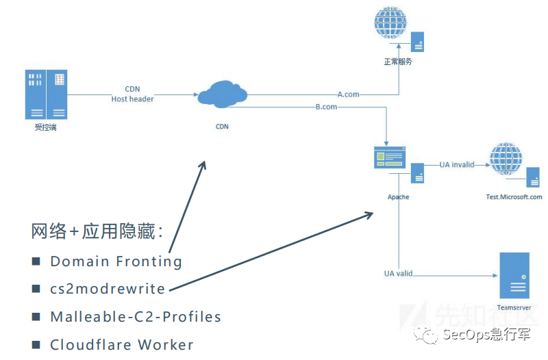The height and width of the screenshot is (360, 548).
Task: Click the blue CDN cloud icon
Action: (221, 94)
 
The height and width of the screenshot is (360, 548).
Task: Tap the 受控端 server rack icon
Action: (46, 94)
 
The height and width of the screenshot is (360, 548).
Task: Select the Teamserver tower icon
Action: (514, 275)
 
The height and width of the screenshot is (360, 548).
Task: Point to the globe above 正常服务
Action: (390, 25)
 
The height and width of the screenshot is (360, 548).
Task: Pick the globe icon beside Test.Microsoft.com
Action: (506, 159)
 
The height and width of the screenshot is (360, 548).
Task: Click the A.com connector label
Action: (348, 94)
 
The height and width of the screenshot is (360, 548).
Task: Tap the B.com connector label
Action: (326, 107)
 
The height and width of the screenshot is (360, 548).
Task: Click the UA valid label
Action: (398, 274)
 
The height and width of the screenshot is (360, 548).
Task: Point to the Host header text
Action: (132, 99)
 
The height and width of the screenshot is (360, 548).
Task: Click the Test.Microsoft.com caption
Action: (514, 196)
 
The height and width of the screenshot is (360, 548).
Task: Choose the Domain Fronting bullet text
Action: (116, 261)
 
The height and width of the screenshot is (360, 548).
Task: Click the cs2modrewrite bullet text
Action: (108, 289)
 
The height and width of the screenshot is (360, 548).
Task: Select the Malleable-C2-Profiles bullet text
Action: (136, 317)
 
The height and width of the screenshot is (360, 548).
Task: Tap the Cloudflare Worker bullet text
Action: (122, 344)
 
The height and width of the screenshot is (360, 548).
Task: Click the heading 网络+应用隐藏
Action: (97, 231)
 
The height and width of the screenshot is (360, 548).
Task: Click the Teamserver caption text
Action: (514, 308)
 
